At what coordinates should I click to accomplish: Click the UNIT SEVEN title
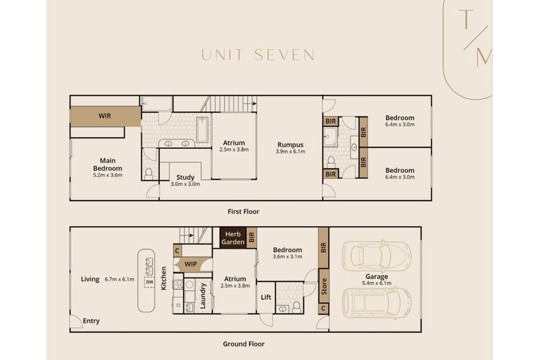click(258, 55)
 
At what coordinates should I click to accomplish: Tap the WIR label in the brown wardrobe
click(105, 116)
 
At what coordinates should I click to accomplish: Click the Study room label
click(185, 177)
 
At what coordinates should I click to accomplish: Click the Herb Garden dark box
click(232, 238)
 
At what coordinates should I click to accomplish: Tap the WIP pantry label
click(190, 264)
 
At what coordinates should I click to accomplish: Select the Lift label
click(266, 297)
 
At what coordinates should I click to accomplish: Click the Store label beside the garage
click(324, 285)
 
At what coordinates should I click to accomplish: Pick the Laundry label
click(203, 296)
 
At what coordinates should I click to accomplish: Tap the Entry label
click(91, 321)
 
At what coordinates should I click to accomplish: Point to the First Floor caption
click(243, 212)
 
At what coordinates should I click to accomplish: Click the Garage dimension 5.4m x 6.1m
click(377, 283)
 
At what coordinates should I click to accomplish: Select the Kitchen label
click(163, 279)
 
